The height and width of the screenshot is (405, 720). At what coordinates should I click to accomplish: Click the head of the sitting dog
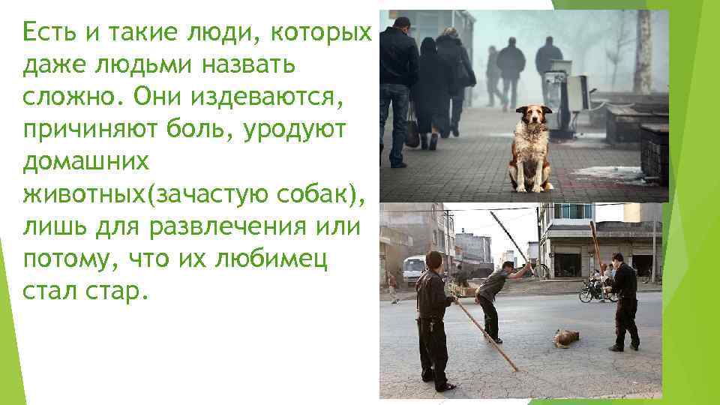(534, 117)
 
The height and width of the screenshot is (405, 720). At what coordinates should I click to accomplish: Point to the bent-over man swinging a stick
(495, 296)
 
